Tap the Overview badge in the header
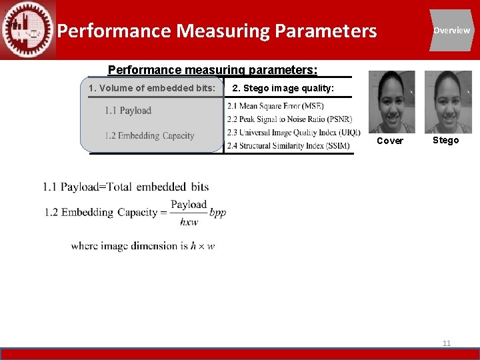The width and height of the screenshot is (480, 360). [x=451, y=30]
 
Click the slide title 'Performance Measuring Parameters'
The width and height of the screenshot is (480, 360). [x=217, y=31]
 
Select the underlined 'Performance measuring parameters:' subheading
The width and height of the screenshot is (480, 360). [x=213, y=69]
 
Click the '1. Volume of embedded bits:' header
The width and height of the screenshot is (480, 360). [x=152, y=88]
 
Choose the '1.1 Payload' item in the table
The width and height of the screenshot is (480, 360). [x=128, y=111]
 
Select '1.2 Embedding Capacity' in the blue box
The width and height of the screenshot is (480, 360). [x=149, y=135]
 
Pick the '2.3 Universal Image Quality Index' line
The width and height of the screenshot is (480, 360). [x=293, y=133]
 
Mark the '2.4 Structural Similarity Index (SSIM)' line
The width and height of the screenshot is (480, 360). [x=288, y=145]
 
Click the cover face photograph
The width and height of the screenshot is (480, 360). [x=391, y=102]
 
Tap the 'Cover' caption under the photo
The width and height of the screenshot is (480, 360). [x=390, y=141]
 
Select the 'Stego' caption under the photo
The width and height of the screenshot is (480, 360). [x=445, y=140]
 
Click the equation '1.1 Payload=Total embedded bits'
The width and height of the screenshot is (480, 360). [x=126, y=187]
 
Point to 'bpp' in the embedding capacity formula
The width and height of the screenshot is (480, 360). [x=218, y=213]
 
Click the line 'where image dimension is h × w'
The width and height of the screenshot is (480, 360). [x=143, y=246]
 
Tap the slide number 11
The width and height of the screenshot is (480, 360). [x=447, y=343]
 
